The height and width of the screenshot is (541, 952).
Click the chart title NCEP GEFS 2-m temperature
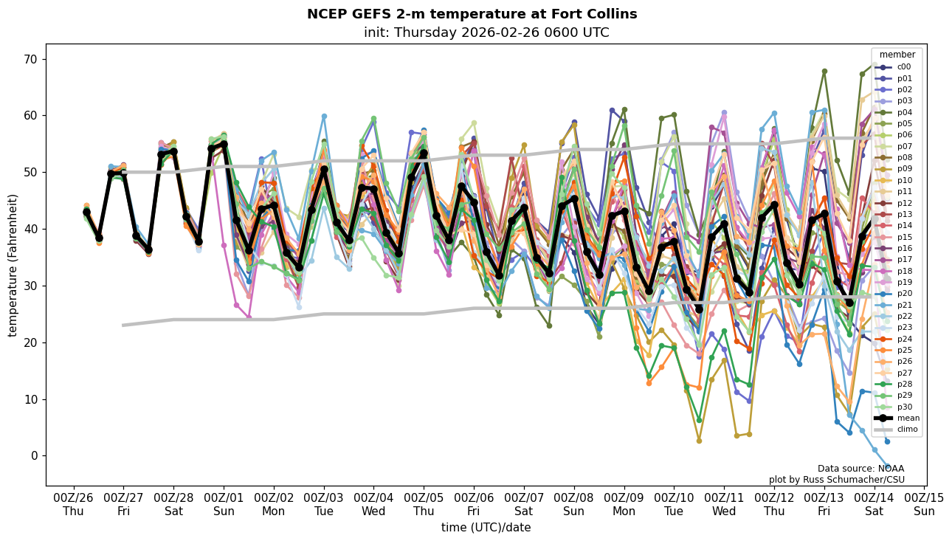pyautogui.click(x=472, y=14)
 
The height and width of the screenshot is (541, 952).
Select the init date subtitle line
pyautogui.click(x=486, y=32)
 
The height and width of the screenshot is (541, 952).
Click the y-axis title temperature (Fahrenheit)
pyautogui.click(x=13, y=265)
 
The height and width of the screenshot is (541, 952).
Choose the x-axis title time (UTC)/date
pyautogui.click(x=486, y=528)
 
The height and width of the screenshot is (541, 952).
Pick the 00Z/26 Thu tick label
pyautogui.click(x=73, y=504)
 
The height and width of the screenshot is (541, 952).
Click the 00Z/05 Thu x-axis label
pyautogui.click(x=424, y=504)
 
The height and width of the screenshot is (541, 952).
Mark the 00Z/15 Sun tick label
pyautogui.click(x=924, y=504)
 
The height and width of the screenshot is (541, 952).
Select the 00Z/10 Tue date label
pyautogui.click(x=674, y=504)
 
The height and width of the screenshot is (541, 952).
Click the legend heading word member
pyautogui.click(x=897, y=55)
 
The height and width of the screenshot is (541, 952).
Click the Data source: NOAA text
pyautogui.click(x=860, y=469)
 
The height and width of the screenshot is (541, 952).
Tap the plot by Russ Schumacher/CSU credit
pyautogui.click(x=836, y=480)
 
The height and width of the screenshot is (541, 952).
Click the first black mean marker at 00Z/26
pyautogui.click(x=86, y=212)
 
